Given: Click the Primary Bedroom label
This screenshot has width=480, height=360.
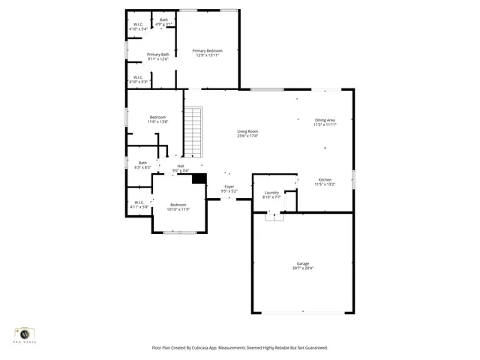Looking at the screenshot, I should click(x=208, y=50).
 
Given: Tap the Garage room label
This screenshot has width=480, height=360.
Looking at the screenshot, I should click(x=302, y=263).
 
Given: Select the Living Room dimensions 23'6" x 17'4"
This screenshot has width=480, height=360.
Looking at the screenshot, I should click(x=247, y=136).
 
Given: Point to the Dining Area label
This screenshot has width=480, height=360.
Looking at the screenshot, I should click(x=325, y=120).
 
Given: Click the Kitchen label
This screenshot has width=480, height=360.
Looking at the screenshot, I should click(x=325, y=179).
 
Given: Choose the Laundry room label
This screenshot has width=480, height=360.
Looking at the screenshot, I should click(x=271, y=192).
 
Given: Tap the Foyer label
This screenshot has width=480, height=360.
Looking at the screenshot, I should click(x=229, y=187).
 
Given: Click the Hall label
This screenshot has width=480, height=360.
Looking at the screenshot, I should click(x=180, y=166).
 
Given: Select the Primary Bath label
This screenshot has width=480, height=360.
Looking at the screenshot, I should click(x=157, y=54).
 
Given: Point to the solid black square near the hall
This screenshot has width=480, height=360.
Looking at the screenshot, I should click(x=199, y=178).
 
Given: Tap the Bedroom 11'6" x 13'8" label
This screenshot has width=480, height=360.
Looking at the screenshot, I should click(x=157, y=117).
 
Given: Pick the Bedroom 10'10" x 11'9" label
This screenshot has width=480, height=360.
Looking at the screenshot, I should click(x=178, y=205).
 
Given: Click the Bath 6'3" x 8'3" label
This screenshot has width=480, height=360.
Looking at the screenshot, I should click(x=142, y=163).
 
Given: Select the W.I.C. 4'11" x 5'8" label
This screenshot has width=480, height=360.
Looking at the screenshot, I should click(x=139, y=202).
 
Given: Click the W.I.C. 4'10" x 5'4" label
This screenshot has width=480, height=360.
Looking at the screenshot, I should click(x=138, y=24).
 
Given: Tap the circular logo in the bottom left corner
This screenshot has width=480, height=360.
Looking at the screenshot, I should click(x=25, y=333).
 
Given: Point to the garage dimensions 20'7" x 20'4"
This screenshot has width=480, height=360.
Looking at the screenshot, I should click(x=302, y=268).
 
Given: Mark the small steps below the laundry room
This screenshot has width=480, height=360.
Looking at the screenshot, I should click(x=274, y=217).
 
